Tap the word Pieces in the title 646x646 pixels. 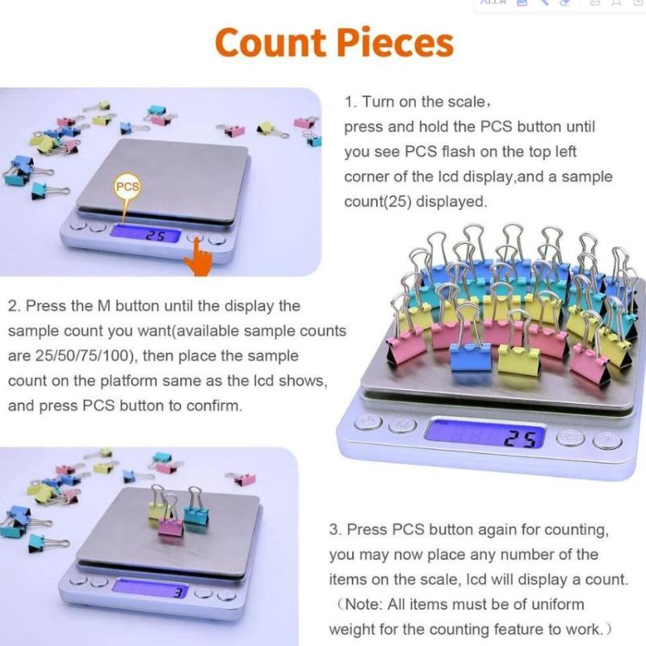click(396, 42)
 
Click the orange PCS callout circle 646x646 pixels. click(128, 187)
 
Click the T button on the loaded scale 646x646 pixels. click(607, 441)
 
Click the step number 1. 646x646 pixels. click(349, 103)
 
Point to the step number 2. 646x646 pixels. click(13, 307)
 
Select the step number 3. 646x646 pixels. click(333, 530)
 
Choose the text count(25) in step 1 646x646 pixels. click(379, 202)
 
